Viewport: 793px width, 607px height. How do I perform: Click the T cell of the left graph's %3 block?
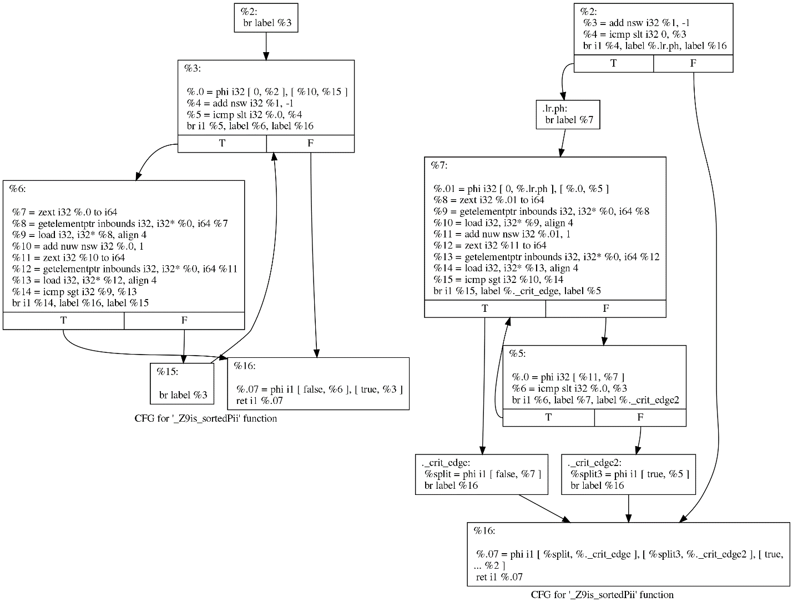(x=222, y=144)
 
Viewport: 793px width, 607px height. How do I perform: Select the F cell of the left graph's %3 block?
(x=310, y=144)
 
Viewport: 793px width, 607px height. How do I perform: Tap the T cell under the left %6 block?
(x=63, y=321)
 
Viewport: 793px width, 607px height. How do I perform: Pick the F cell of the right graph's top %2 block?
(x=693, y=63)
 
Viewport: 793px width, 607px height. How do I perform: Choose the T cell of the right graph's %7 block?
(x=485, y=308)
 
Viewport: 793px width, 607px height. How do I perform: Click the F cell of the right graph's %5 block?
(x=640, y=417)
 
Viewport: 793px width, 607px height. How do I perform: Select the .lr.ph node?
(x=568, y=114)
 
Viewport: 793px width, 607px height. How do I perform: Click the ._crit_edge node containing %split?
(x=481, y=474)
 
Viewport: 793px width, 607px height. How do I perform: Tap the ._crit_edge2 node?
(x=628, y=474)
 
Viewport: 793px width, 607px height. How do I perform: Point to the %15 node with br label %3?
(x=182, y=383)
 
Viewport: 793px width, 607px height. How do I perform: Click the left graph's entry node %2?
(x=266, y=17)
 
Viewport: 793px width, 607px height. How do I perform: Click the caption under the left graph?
(x=205, y=418)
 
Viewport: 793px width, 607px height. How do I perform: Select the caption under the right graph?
(x=602, y=595)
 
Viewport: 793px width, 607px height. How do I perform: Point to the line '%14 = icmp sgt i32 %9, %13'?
(x=74, y=291)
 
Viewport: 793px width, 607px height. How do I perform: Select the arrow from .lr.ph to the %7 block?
(x=564, y=143)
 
